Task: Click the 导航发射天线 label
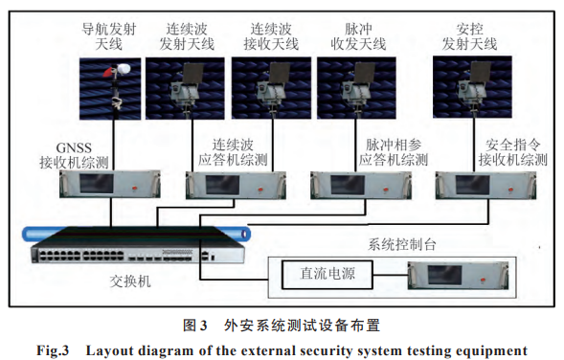pyautogui.click(x=109, y=36)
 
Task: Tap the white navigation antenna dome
pyautogui.click(x=124, y=68)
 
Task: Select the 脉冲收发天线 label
pyautogui.click(x=358, y=36)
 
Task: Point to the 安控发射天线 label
pyautogui.click(x=469, y=36)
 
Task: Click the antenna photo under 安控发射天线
pyautogui.click(x=472, y=87)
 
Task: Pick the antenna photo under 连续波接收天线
pyautogui.click(x=271, y=88)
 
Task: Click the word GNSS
pyautogui.click(x=74, y=147)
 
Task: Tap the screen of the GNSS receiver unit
pyautogui.click(x=97, y=184)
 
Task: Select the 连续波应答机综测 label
pyautogui.click(x=233, y=152)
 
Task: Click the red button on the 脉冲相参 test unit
pyautogui.click(x=386, y=190)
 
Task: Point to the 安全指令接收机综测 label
pyautogui.click(x=513, y=152)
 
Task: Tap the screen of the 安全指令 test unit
pyautogui.click(x=472, y=185)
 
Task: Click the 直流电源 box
pyautogui.click(x=327, y=275)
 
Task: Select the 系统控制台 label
pyautogui.click(x=402, y=244)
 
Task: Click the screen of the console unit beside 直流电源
pyautogui.click(x=444, y=275)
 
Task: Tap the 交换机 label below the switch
pyautogui.click(x=130, y=281)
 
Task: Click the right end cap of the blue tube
pyautogui.click(x=246, y=234)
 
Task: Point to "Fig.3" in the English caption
pyautogui.click(x=53, y=349)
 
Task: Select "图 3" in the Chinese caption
pyautogui.click(x=195, y=326)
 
